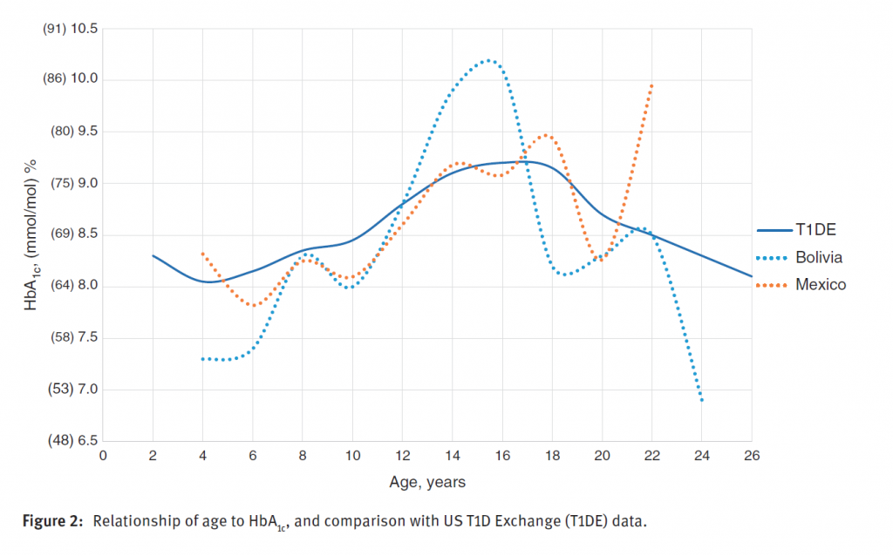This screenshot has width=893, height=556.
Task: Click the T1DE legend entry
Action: pos(814,230)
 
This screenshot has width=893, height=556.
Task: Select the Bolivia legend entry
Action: pos(818,257)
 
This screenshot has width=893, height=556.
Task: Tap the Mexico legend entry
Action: pos(820,285)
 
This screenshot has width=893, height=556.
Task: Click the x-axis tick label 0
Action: pos(103,456)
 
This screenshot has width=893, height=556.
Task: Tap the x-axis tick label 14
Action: pos(453,456)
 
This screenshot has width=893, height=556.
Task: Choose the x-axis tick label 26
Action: pos(752,456)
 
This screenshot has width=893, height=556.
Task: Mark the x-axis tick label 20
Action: pos(602,456)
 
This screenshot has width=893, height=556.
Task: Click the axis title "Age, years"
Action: pos(427,481)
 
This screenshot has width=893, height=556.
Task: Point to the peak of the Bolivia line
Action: pos(488,60)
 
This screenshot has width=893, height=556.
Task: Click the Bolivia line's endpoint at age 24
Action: pos(702,400)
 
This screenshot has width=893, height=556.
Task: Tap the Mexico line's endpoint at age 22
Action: pos(651,85)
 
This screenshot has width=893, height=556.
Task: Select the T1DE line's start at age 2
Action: pos(153,255)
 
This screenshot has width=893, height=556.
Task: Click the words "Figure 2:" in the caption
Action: pos(54,521)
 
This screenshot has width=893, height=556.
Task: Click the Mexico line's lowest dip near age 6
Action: pos(254,305)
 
